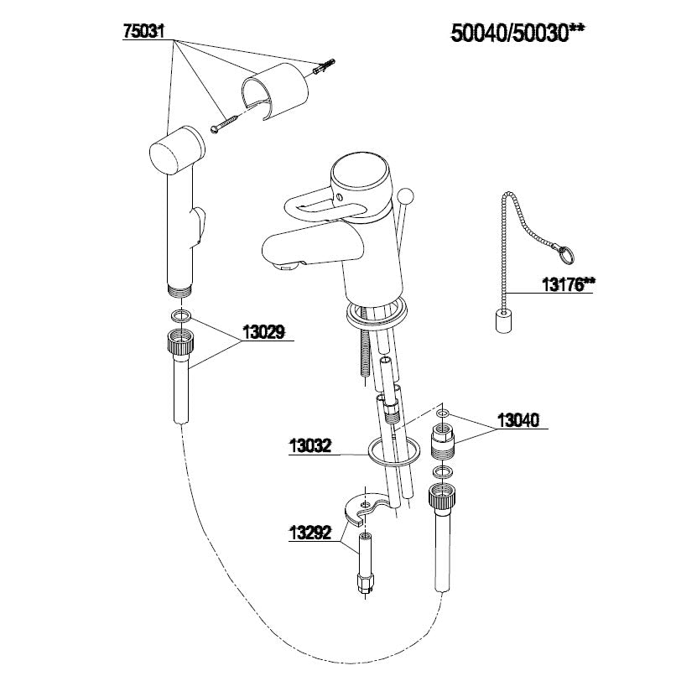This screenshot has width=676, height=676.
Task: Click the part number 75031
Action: click(x=143, y=31)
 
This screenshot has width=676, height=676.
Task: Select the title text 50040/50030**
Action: click(x=517, y=33)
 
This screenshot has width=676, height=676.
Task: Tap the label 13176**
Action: click(x=568, y=284)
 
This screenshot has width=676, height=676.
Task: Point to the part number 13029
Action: click(x=263, y=332)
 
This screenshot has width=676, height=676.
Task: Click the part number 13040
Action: click(x=517, y=420)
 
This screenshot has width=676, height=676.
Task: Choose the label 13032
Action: click(x=310, y=446)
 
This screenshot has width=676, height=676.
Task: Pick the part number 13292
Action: click(x=310, y=533)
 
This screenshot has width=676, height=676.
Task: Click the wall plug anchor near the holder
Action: click(x=325, y=66)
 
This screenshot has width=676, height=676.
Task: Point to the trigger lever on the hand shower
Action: click(x=199, y=226)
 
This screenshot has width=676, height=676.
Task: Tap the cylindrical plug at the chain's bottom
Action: click(x=503, y=322)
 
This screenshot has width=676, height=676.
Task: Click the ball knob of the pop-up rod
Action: click(x=405, y=195)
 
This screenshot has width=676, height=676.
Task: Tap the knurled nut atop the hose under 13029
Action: click(x=180, y=341)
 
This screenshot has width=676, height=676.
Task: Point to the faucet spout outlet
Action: click(x=284, y=266)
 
